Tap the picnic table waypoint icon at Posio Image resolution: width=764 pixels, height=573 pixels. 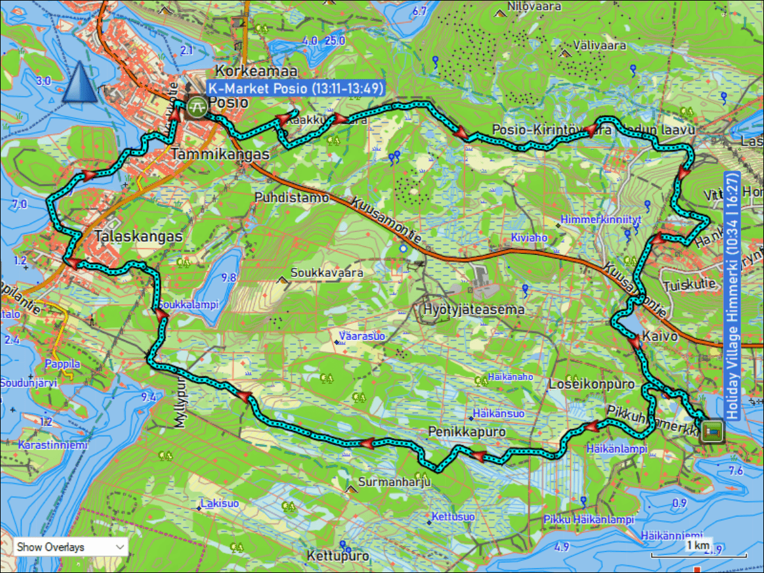(197, 106)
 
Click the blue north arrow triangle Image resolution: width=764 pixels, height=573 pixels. (80, 83)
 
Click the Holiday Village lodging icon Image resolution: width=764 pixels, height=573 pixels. (712, 432)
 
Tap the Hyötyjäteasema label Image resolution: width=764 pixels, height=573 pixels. (474, 310)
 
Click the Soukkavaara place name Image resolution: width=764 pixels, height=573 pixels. (327, 273)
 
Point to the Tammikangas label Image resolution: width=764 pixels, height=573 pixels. (220, 155)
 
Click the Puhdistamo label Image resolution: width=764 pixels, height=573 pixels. (292, 198)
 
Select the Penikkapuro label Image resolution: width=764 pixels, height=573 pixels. (467, 432)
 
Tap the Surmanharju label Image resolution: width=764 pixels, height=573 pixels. (395, 482)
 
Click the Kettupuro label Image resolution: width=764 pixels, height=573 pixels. (338, 556)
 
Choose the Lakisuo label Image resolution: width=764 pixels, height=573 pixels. (220, 504)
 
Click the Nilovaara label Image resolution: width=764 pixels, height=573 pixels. (534, 7)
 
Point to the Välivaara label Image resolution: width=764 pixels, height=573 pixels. (598, 46)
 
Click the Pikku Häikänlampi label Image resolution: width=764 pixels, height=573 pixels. (589, 520)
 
